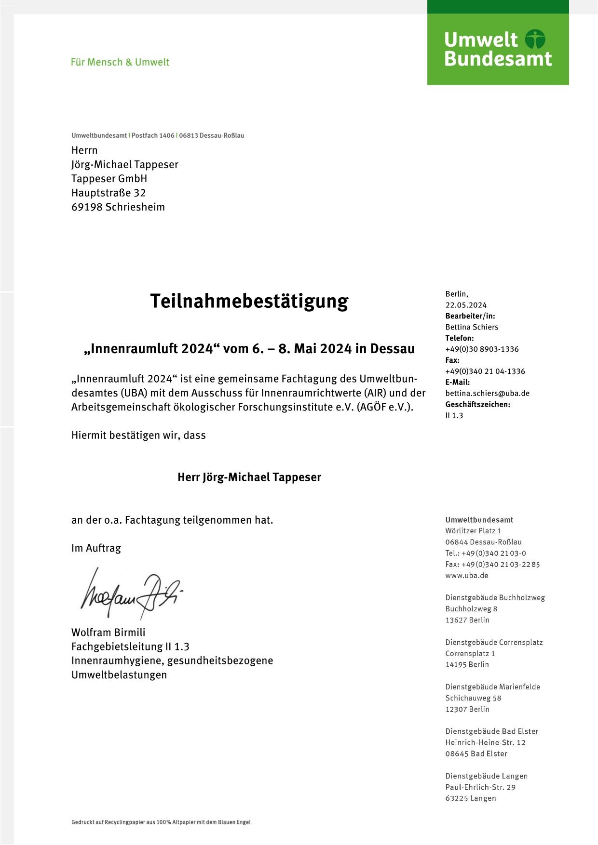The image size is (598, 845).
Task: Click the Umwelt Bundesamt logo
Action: [x=498, y=49]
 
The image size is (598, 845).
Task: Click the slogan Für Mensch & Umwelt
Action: [x=120, y=62]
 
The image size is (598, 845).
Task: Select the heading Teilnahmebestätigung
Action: [x=249, y=301]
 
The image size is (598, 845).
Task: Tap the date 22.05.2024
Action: [x=466, y=305]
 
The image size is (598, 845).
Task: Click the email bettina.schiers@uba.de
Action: [x=487, y=393]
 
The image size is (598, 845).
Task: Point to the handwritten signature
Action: [x=130, y=594]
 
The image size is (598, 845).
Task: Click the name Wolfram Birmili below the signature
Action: [x=108, y=632]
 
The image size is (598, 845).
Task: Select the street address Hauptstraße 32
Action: [x=109, y=193]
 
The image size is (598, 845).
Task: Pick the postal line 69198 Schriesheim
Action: [x=118, y=207]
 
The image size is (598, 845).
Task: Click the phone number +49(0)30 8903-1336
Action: [x=482, y=349]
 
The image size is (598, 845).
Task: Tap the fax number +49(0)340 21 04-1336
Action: [x=485, y=371]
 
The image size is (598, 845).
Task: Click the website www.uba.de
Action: [x=466, y=575]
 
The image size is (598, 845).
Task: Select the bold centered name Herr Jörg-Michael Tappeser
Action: [x=249, y=477]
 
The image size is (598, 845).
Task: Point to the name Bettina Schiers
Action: [x=472, y=327]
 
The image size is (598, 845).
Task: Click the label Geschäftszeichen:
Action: [x=477, y=404]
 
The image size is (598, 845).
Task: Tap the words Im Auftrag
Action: [x=96, y=548]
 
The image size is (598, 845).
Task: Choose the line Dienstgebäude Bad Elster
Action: [x=491, y=731]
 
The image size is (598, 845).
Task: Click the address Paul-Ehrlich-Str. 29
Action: [x=480, y=787]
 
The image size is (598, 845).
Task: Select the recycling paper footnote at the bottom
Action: [x=161, y=822]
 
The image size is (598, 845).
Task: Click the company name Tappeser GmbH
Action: [x=109, y=178]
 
